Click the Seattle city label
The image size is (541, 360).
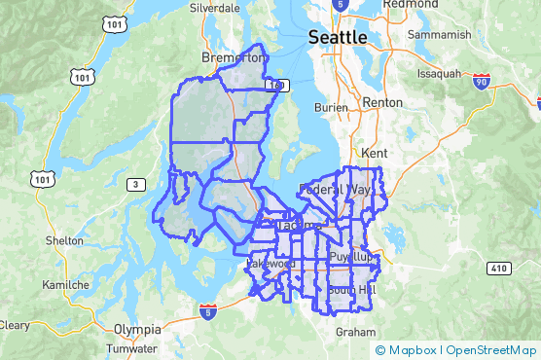[338, 37]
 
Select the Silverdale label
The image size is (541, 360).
[215, 7]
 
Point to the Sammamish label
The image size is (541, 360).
[440, 35]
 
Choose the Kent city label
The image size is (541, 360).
[373, 154]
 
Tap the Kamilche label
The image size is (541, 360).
[66, 285]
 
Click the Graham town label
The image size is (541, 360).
[355, 331]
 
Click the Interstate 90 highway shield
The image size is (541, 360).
[481, 83]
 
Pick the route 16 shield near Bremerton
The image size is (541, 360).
[280, 86]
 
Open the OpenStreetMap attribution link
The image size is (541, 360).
[491, 350]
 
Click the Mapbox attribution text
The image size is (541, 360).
[412, 350]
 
